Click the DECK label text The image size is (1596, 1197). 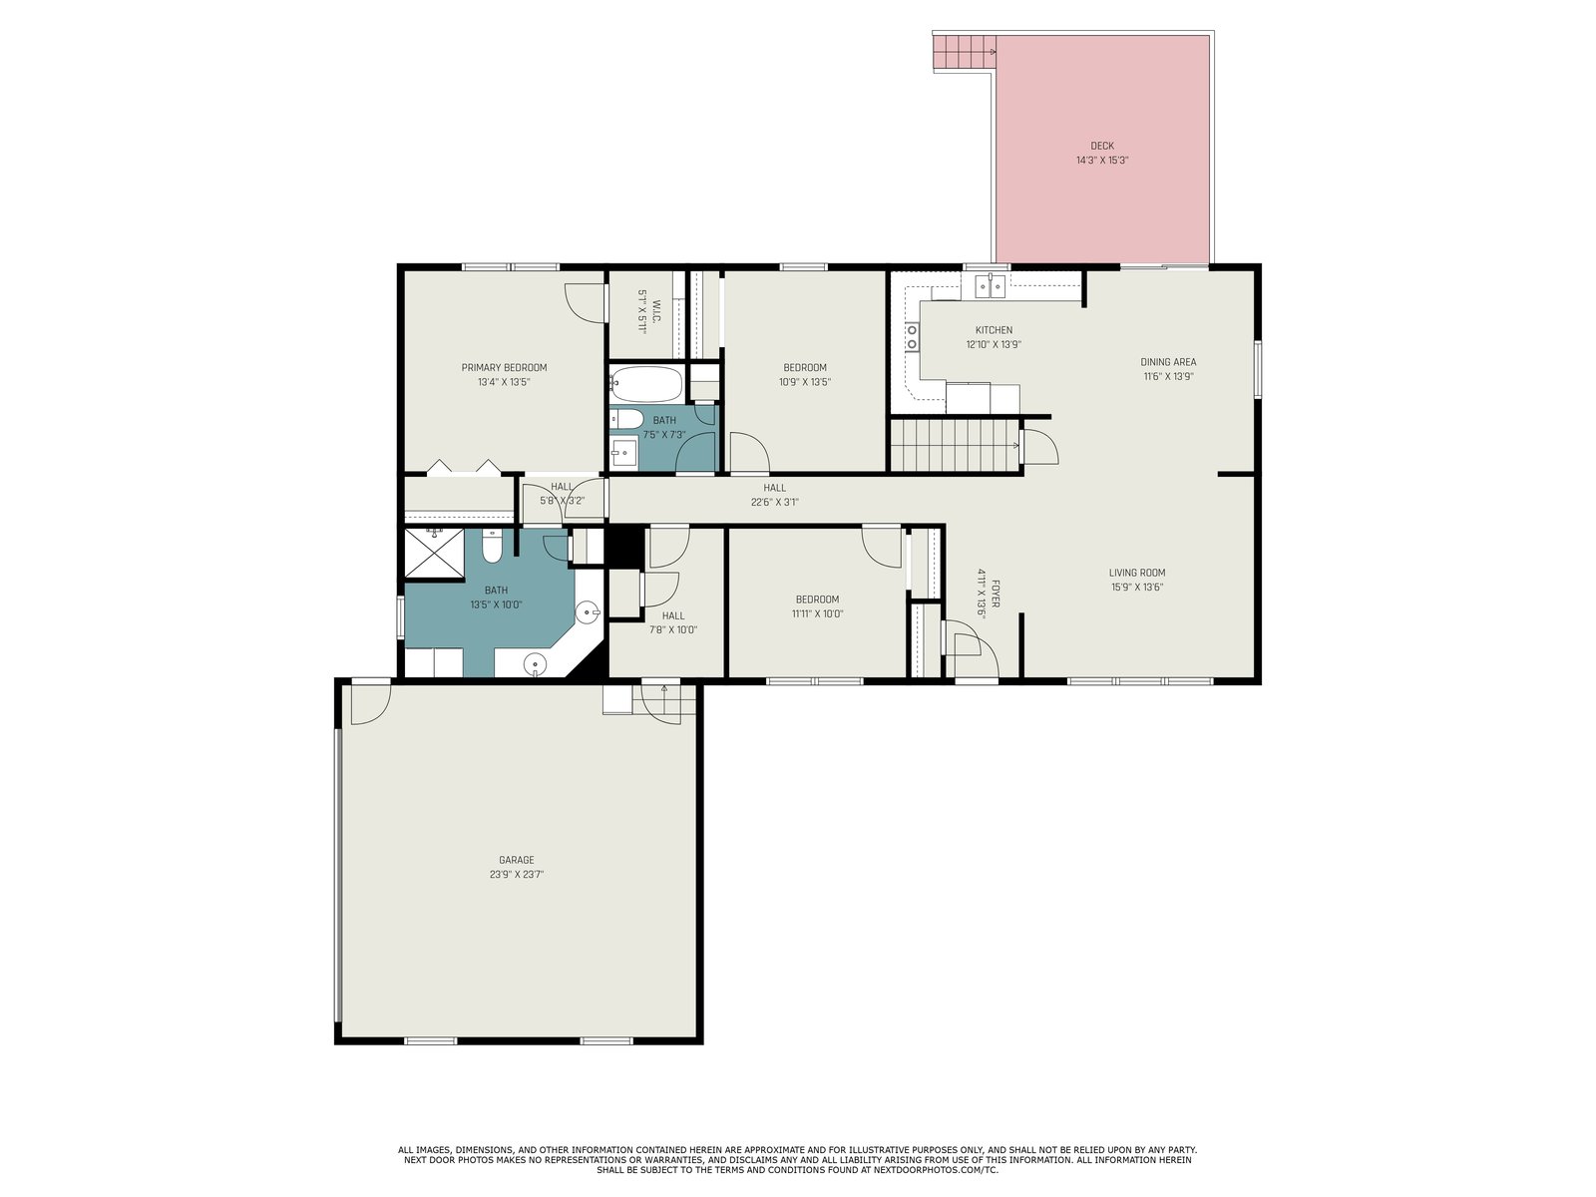pos(1101,146)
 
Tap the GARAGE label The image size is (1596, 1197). pos(517,860)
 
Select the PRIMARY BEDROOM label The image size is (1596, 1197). pos(504,367)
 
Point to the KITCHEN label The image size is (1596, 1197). pos(994,330)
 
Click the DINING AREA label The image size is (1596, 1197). pos(1168,362)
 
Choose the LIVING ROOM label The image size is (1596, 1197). pos(1137,573)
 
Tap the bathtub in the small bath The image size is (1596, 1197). pos(646,384)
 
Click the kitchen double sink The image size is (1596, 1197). pos(990,285)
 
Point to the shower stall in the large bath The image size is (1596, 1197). pos(434,553)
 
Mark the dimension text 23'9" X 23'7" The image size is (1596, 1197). pos(517,875)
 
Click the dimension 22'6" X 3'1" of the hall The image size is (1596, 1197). pos(774,502)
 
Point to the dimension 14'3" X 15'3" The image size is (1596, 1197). pos(1101,160)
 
